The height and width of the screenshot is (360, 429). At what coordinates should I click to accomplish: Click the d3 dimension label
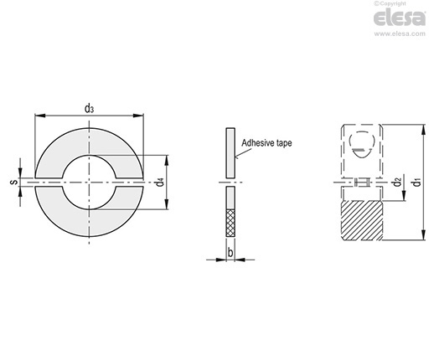[89, 109]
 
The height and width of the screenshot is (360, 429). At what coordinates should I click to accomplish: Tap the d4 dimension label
[159, 183]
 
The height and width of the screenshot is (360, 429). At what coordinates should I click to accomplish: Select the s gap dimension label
[14, 183]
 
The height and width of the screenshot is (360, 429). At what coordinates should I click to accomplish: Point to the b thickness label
[230, 252]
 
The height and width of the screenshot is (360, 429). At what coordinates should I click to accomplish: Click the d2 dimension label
[396, 182]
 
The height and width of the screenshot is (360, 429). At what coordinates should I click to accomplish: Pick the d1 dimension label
[416, 182]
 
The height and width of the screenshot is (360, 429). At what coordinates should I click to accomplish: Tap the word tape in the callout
[284, 143]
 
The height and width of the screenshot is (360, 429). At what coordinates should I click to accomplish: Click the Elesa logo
[400, 18]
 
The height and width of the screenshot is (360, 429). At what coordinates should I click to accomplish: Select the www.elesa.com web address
[400, 33]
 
